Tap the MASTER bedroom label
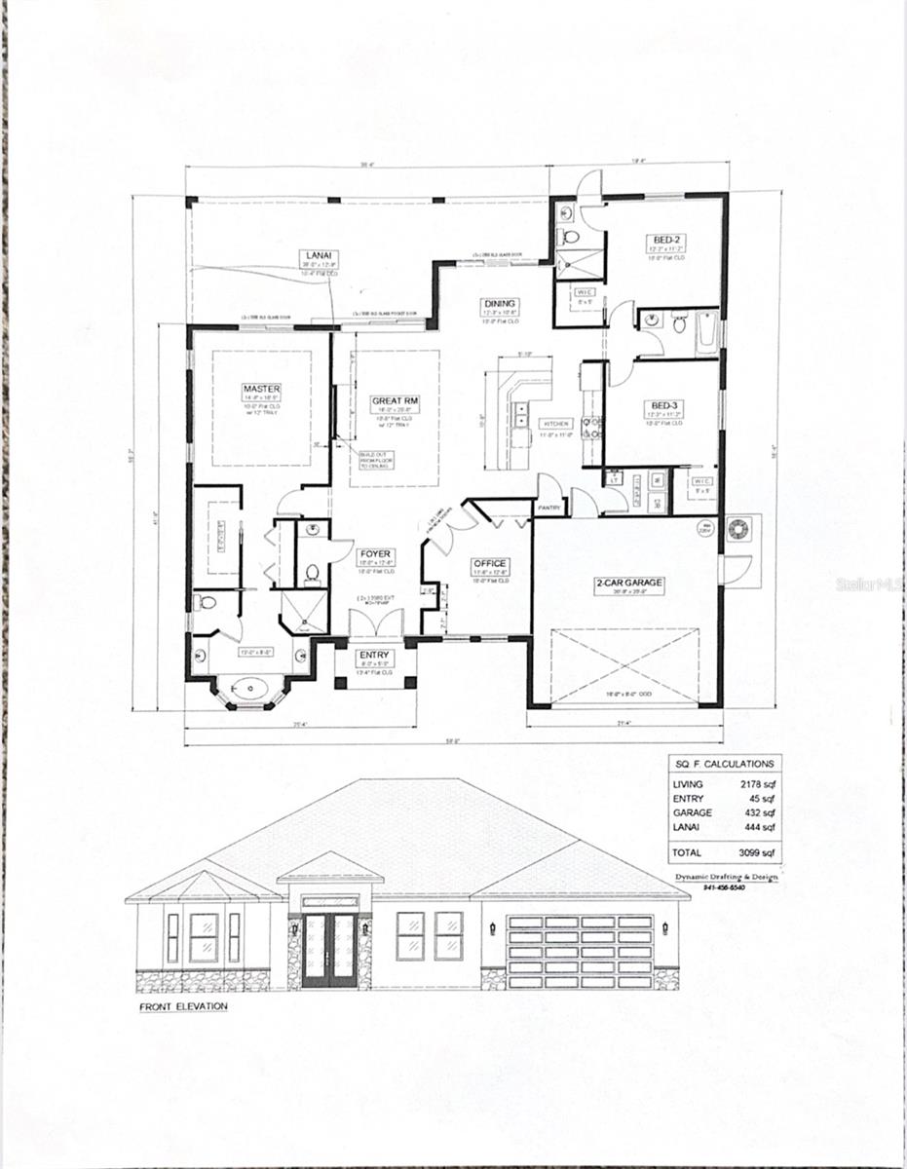click(x=261, y=389)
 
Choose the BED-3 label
click(x=666, y=405)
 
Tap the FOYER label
click(x=375, y=553)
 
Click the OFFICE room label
click(x=490, y=563)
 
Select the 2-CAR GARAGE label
click(x=629, y=583)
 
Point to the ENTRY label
click(x=374, y=655)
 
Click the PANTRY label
click(x=547, y=508)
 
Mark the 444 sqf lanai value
click(x=760, y=827)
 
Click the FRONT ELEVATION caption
click(x=183, y=1006)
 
